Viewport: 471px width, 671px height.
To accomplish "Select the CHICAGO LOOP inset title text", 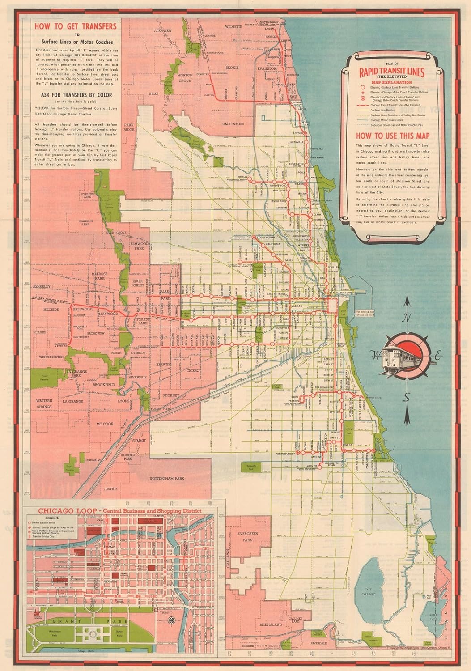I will (120, 511).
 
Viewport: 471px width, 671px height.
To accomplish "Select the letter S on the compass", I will (407, 398).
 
